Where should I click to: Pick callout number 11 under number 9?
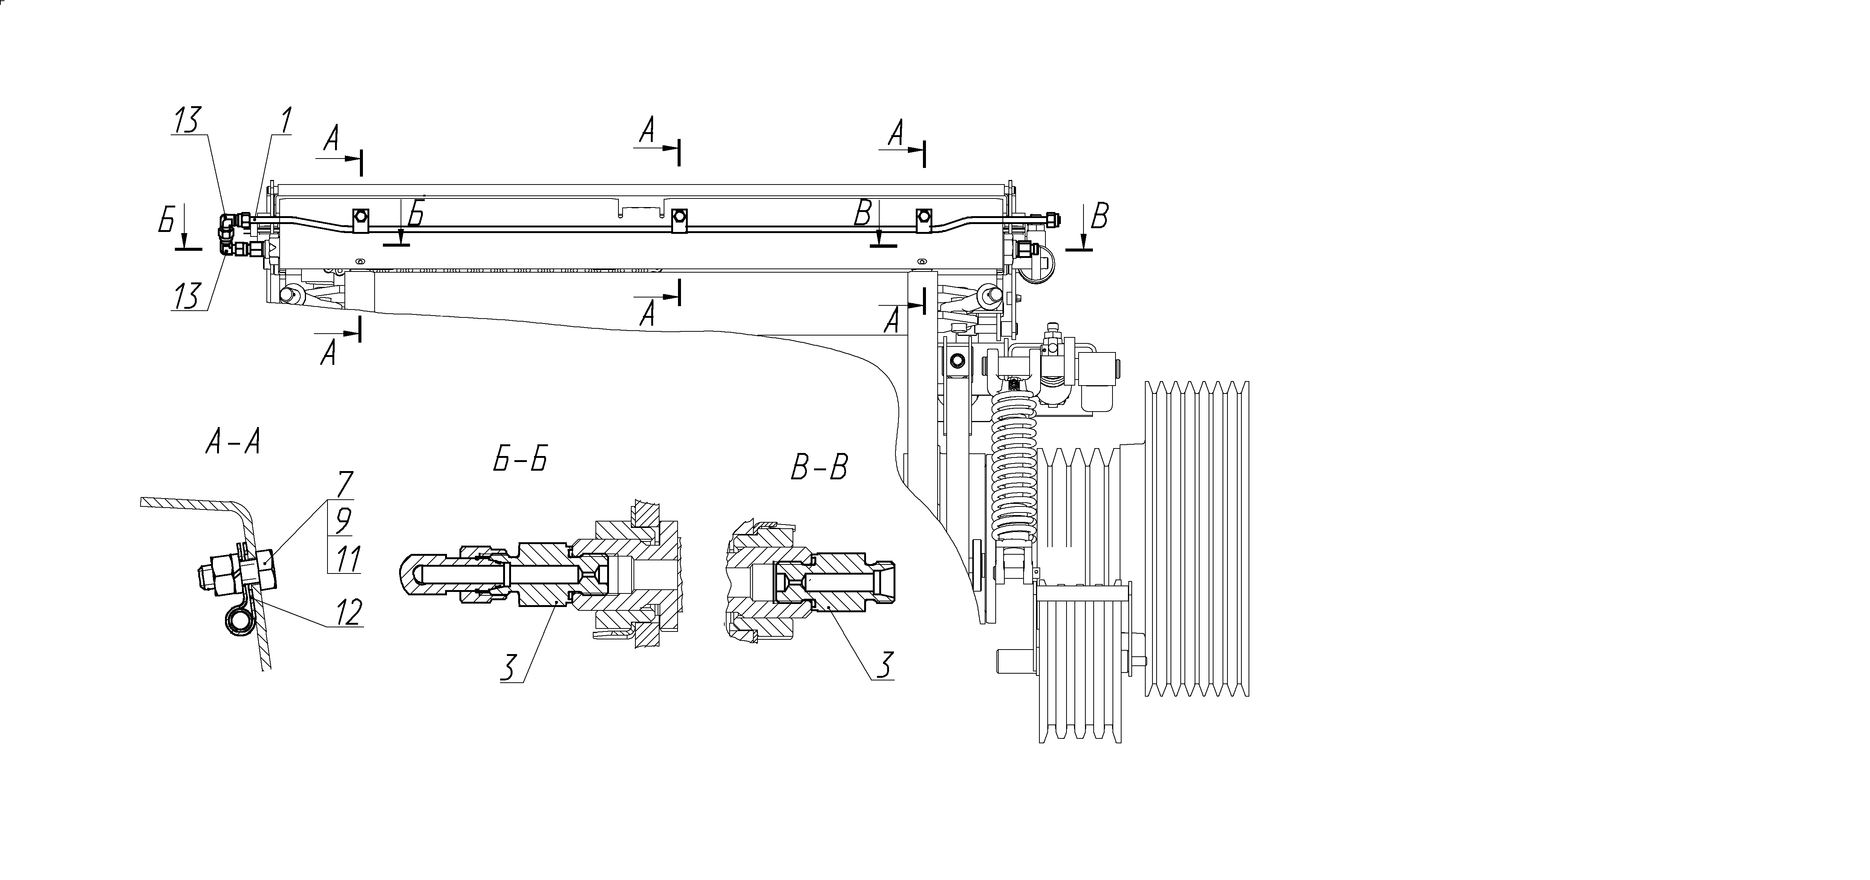346,559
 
